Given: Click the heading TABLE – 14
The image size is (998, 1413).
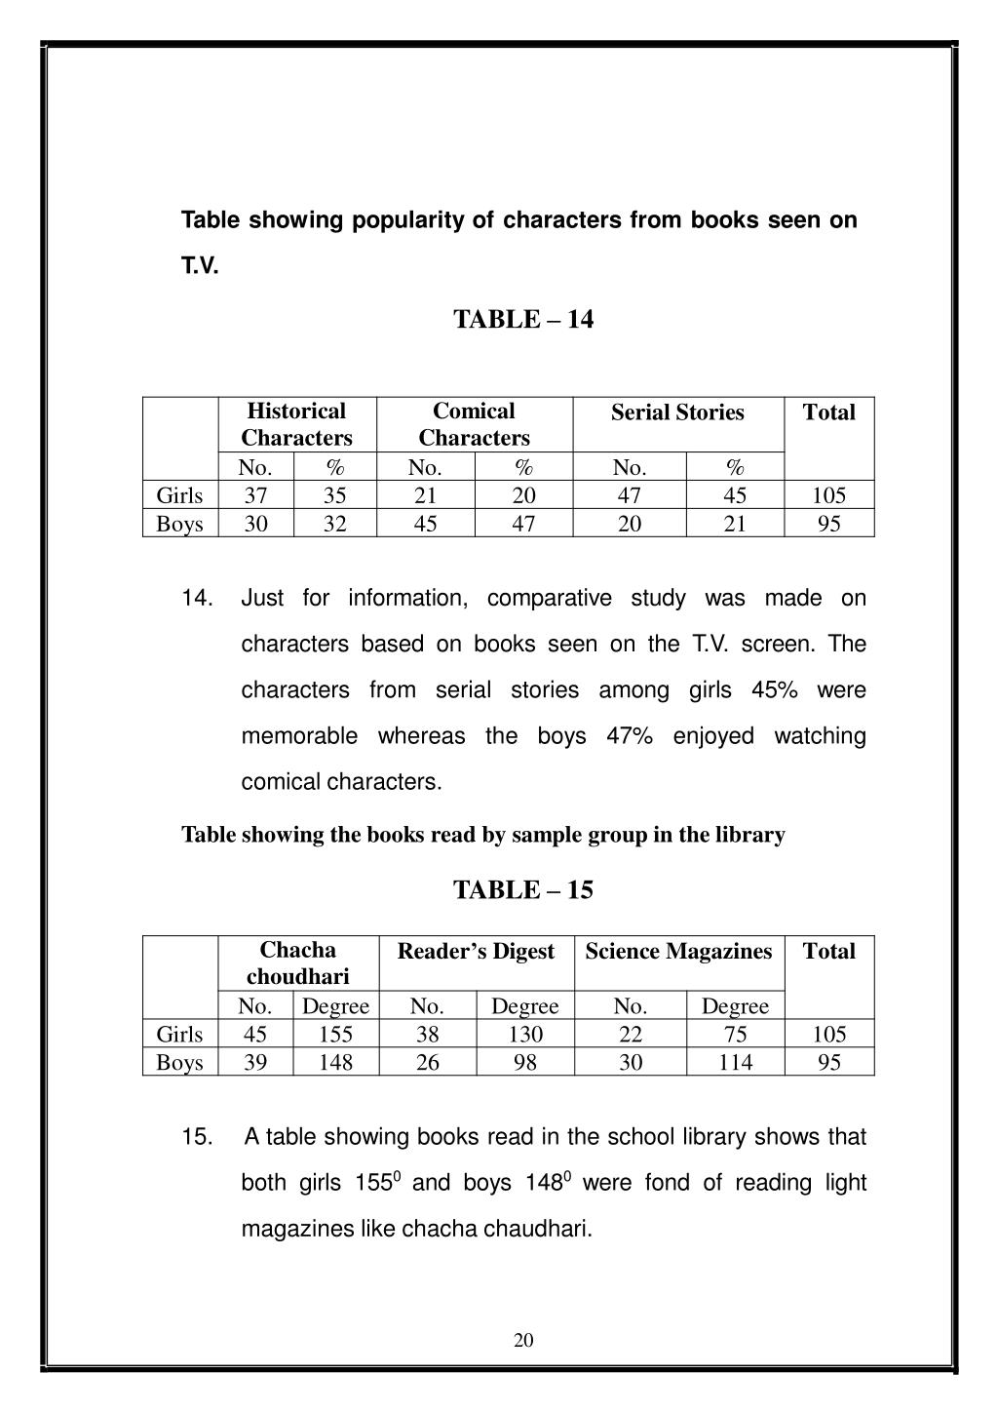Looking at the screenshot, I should click(x=522, y=320).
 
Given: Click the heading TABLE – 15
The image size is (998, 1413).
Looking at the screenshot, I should click(x=522, y=890).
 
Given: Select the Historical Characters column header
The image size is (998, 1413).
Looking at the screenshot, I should click(x=296, y=424).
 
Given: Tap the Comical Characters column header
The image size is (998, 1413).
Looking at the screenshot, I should click(x=474, y=424).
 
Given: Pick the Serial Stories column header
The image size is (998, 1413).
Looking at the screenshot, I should click(x=677, y=412).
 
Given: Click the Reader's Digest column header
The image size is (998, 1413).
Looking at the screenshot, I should click(x=476, y=952).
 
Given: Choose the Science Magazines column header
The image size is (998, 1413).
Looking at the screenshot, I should click(x=678, y=952).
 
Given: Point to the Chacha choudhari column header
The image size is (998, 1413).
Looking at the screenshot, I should click(x=297, y=962).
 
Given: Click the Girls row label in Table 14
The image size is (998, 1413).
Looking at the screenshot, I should click(x=179, y=495).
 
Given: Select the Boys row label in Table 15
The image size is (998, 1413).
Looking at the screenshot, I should click(x=179, y=1062).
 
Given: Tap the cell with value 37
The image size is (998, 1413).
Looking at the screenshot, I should click(x=255, y=495).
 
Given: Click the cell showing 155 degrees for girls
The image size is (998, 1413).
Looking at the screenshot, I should click(x=335, y=1034).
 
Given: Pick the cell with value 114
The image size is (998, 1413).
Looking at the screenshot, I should click(x=735, y=1062).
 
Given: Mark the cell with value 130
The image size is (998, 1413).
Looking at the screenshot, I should click(x=524, y=1034).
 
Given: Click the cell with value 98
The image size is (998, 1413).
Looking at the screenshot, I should click(x=524, y=1062).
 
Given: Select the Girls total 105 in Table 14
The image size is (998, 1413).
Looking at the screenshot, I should click(x=828, y=495).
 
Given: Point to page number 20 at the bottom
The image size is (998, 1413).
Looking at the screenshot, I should click(x=523, y=1340).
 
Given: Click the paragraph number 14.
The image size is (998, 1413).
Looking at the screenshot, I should click(x=197, y=599).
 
